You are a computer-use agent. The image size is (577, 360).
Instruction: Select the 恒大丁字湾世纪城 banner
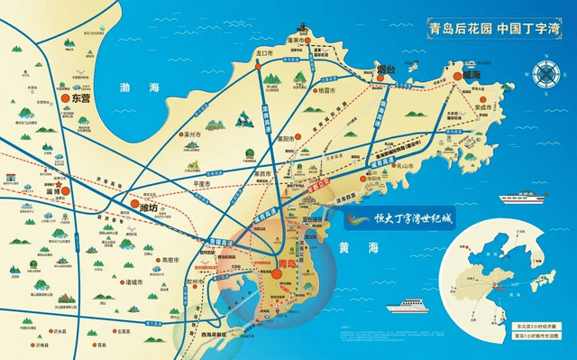coord(404,217)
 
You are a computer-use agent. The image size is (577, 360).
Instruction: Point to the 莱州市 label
coord(192,134)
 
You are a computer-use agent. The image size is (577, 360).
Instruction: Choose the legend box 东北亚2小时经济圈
coord(536,324)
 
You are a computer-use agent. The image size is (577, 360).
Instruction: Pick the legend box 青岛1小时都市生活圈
coord(536,336)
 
